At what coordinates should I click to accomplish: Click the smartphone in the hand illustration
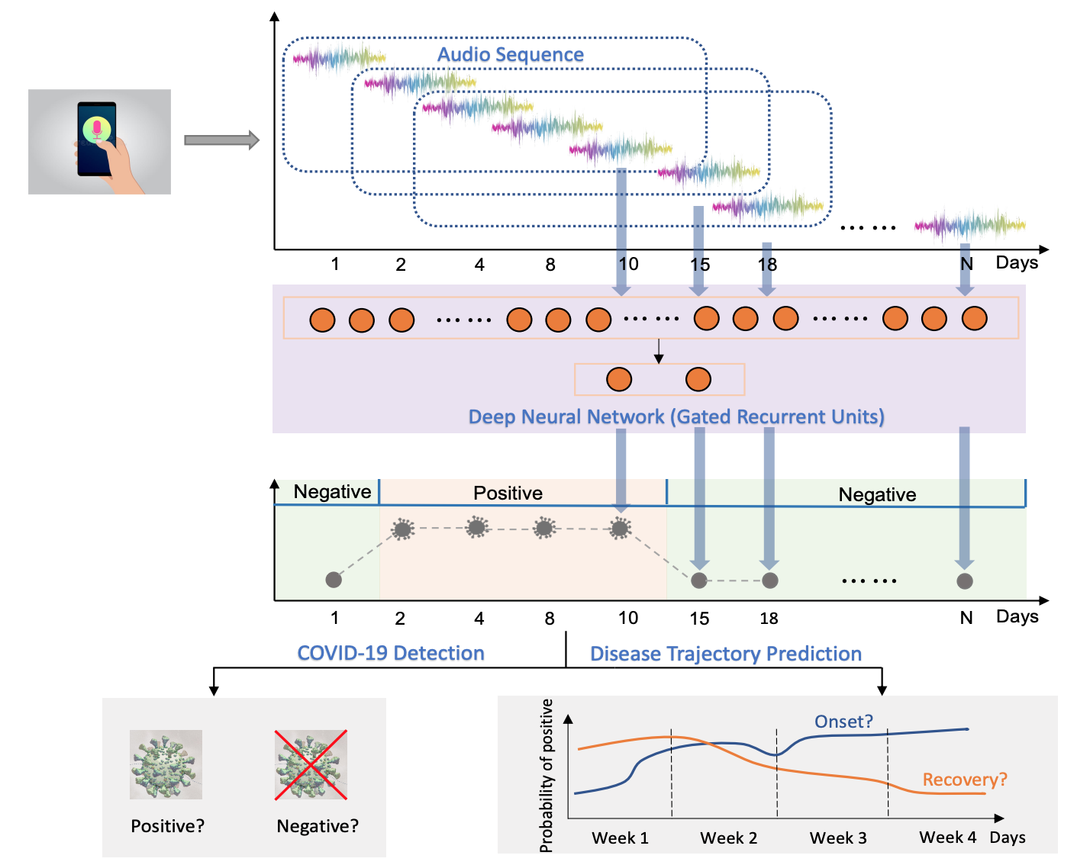97,139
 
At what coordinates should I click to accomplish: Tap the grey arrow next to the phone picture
221,140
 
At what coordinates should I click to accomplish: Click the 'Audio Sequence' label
510,55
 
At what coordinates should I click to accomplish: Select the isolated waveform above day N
969,225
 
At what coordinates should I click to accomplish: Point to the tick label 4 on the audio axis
479,265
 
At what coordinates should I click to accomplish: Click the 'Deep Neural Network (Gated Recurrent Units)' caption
676,416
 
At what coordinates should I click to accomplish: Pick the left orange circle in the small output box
619,379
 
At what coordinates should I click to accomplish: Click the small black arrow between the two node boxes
659,351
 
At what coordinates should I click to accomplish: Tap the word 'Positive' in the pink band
508,493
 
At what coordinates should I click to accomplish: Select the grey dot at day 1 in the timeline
334,580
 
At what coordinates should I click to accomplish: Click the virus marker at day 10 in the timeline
621,527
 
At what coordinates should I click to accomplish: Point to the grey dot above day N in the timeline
965,581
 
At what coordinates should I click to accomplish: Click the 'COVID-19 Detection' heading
391,653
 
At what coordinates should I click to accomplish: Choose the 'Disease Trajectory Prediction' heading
726,654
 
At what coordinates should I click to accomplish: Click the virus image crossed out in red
311,764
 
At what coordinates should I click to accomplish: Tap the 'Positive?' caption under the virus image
168,826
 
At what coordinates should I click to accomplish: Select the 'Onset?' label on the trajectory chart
843,722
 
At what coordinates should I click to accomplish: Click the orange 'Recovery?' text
965,780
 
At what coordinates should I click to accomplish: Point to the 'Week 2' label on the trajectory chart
729,838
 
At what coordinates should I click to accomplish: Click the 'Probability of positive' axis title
547,775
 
